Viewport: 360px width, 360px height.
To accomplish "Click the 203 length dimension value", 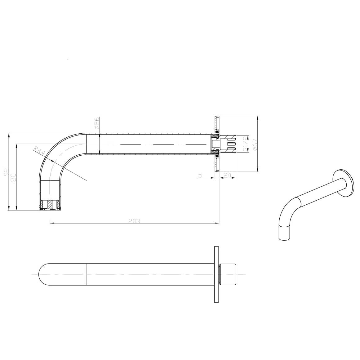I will tap(134, 221).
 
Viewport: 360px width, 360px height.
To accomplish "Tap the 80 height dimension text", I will tap(13, 177).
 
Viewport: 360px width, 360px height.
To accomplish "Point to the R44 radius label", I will tap(40, 152).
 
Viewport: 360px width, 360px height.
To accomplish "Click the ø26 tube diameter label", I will tap(96, 123).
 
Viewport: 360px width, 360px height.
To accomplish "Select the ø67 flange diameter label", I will tap(255, 144).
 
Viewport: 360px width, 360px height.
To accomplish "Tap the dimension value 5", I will tap(200, 176).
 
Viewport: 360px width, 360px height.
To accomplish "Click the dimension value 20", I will tap(228, 176).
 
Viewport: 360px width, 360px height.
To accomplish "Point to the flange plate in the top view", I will tap(216, 274).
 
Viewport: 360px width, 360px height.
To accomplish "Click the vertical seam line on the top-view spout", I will tap(86, 274).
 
